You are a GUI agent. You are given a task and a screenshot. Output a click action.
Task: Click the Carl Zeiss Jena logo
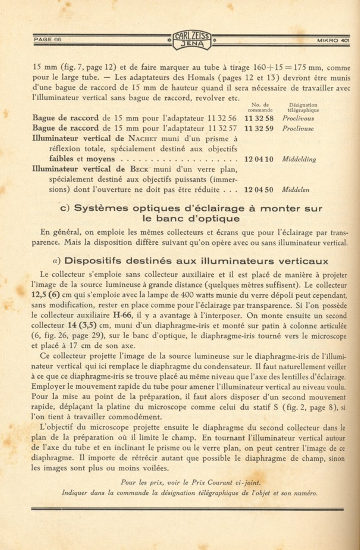(192, 40)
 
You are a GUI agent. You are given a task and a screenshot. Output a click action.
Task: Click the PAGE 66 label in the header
(48, 39)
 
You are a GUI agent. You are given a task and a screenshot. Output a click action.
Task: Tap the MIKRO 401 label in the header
(333, 40)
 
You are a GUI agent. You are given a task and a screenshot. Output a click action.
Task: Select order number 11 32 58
(259, 118)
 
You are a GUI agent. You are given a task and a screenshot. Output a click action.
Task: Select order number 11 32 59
(259, 129)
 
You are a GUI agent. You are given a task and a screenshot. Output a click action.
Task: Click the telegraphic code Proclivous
(298, 118)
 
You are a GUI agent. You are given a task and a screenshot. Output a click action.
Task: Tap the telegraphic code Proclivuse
(298, 129)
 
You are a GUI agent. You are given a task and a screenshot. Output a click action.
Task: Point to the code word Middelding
(299, 160)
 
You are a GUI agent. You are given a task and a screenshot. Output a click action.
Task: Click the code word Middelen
(296, 190)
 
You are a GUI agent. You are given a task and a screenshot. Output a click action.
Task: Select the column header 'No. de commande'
(260, 107)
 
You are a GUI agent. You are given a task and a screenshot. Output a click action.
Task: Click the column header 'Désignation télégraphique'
(303, 107)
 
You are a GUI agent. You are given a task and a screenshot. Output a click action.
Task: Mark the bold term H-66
(122, 315)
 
